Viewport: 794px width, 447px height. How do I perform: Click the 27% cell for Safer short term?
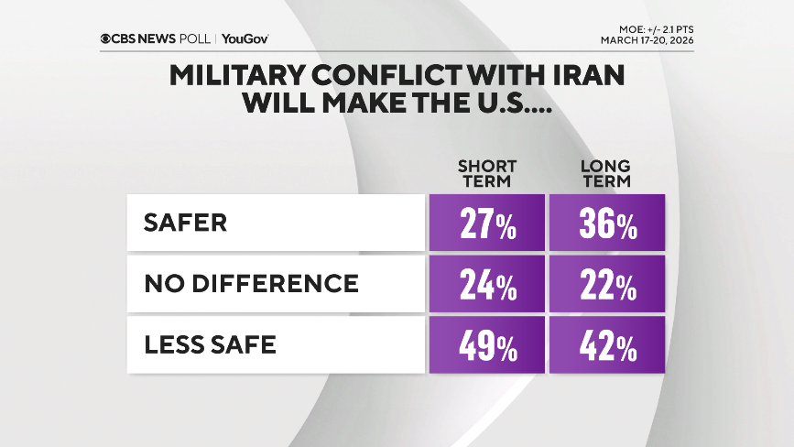point(486,223)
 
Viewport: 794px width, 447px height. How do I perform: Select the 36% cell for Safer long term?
point(607,223)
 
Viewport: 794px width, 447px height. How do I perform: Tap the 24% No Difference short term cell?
point(486,284)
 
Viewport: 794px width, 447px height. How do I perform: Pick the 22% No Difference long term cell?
point(607,284)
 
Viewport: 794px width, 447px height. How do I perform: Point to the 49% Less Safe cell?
point(486,344)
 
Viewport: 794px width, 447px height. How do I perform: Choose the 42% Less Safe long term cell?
point(607,344)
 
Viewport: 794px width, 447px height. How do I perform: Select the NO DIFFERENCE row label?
point(251,284)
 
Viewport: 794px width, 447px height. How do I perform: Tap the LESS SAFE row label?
point(210,344)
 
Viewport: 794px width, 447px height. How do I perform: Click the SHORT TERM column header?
point(486,173)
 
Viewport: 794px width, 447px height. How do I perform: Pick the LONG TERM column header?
point(607,173)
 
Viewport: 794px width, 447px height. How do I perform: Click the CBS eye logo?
point(107,38)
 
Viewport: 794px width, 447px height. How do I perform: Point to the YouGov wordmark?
point(245,38)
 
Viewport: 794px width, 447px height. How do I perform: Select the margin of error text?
point(655,29)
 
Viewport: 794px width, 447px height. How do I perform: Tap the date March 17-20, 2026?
point(647,41)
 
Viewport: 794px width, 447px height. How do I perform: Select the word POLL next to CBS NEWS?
point(196,38)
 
